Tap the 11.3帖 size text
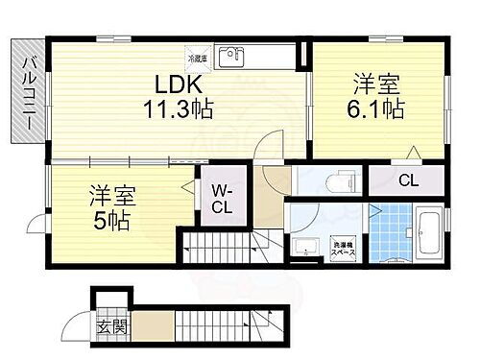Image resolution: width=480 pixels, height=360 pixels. [180, 110]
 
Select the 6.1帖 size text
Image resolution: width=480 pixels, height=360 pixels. [376, 108]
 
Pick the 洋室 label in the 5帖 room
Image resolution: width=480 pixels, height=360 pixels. [113, 195]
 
